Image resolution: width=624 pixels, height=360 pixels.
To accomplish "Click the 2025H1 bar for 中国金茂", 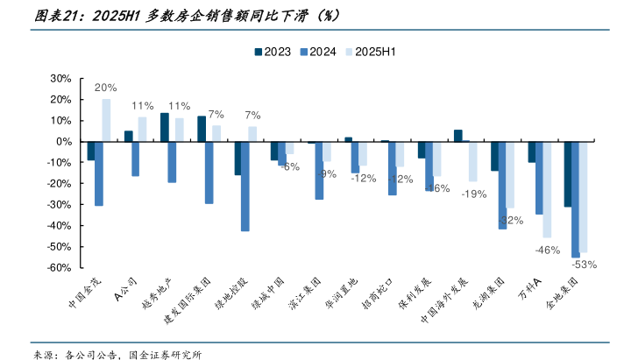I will pyautogui.click(x=106, y=120).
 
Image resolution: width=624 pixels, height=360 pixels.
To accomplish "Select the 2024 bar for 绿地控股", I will pyautogui.click(x=245, y=186).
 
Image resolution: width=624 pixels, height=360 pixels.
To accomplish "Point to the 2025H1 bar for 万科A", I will pyautogui.click(x=548, y=189).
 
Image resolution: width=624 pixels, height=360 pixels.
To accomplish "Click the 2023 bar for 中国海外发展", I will pyautogui.click(x=457, y=136).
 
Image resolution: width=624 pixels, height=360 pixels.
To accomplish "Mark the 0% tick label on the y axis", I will pyautogui.click(x=62, y=142).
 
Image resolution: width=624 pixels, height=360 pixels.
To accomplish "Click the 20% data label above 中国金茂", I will pyautogui.click(x=106, y=88).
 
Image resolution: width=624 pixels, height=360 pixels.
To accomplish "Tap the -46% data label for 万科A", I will pyautogui.click(x=548, y=250).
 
